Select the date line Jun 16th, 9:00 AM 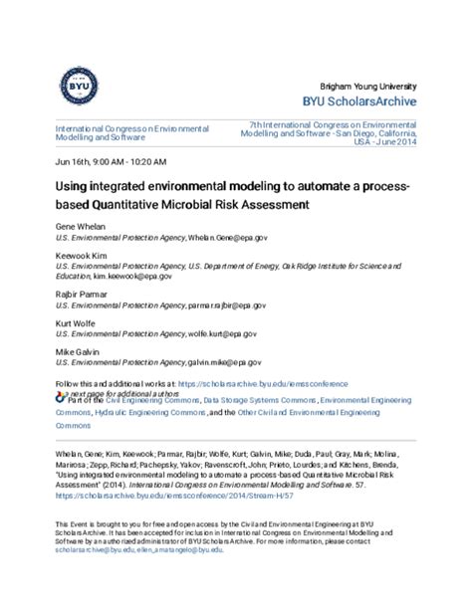pyautogui.click(x=111, y=160)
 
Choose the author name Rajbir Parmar pyautogui.click(x=82, y=297)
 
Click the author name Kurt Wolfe pyautogui.click(x=77, y=323)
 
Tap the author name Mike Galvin pyautogui.click(x=77, y=350)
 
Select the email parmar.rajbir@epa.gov pyautogui.click(x=227, y=307)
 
